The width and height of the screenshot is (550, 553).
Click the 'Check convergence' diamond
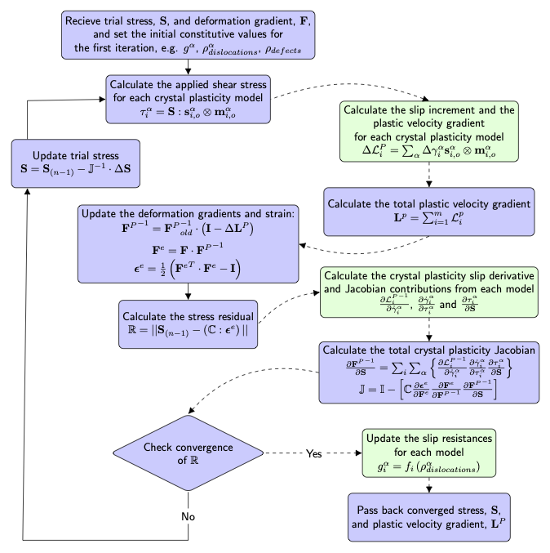(x=189, y=453)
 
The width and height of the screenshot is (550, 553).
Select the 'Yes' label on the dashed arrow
(x=314, y=453)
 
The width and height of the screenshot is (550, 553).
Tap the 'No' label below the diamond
(x=189, y=516)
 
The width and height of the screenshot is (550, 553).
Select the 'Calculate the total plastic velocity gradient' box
(x=429, y=210)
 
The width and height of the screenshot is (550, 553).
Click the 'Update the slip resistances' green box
(x=429, y=454)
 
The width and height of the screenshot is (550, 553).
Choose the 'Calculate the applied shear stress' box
(x=189, y=100)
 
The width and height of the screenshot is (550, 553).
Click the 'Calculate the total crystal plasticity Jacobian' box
(x=429, y=372)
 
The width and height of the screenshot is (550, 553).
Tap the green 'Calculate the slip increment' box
(x=429, y=131)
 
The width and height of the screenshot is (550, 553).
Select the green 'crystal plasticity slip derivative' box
(x=429, y=292)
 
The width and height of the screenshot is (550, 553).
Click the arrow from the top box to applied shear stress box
(x=189, y=67)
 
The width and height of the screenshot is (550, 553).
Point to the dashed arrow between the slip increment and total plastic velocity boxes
(x=429, y=174)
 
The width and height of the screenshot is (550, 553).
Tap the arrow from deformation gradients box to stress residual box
(x=189, y=290)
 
